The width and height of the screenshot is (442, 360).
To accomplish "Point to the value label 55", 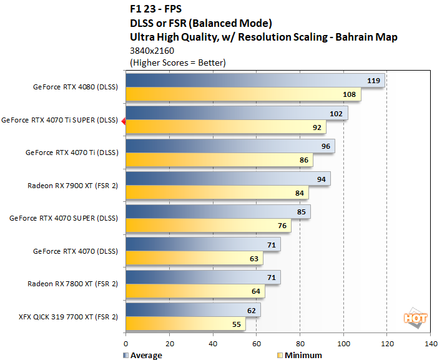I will [x=235, y=325].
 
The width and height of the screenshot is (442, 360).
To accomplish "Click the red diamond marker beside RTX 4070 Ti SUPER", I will [x=124, y=121].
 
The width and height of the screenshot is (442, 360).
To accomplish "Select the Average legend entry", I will [x=143, y=355].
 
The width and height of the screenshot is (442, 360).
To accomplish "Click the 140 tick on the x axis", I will [x=430, y=343].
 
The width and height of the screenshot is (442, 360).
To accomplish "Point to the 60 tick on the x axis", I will [x=257, y=343].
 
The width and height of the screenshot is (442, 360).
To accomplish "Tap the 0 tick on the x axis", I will [x=126, y=343].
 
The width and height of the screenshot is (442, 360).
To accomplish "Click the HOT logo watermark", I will [x=416, y=317].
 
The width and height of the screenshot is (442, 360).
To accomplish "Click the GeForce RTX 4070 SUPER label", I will [x=64, y=218].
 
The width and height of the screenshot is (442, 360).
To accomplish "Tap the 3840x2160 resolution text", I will [x=152, y=51].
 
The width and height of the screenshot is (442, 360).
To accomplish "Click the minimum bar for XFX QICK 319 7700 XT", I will [x=185, y=325].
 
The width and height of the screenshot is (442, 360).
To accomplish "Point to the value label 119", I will [x=374, y=81].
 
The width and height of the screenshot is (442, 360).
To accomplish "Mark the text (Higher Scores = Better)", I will [x=177, y=62].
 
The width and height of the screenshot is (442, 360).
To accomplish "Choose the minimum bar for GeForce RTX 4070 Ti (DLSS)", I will [x=219, y=161].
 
